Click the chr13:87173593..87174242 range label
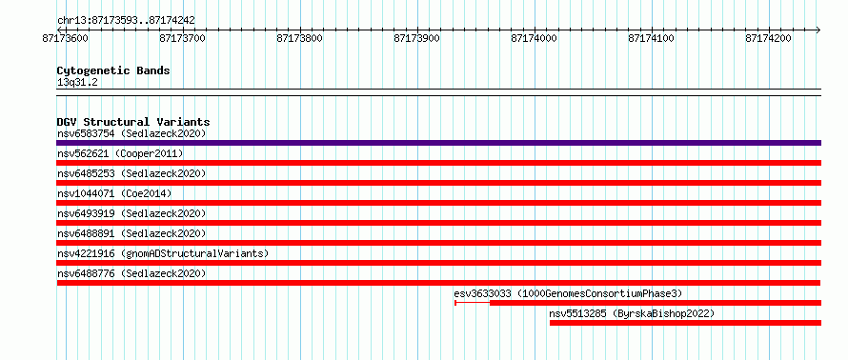coord(126,21)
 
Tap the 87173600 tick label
coord(66,38)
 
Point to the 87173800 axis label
coord(300,38)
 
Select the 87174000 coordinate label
coord(535,38)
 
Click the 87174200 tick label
coord(769,38)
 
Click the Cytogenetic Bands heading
coord(113,70)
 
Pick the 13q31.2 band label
coord(77,83)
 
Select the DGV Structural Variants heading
coord(133,122)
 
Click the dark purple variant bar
coord(438,143)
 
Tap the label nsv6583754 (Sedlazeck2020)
coord(131,133)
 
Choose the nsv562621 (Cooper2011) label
coord(120,154)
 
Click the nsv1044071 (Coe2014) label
coord(114,193)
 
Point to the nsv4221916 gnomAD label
coord(163,253)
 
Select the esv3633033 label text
coord(569,293)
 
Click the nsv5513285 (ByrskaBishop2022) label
coord(632,313)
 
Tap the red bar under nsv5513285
coord(685,323)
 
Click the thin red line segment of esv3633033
coord(473,303)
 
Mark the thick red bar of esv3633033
coord(656,303)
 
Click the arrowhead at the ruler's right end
coord(818,30)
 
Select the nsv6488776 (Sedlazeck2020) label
coord(131,273)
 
